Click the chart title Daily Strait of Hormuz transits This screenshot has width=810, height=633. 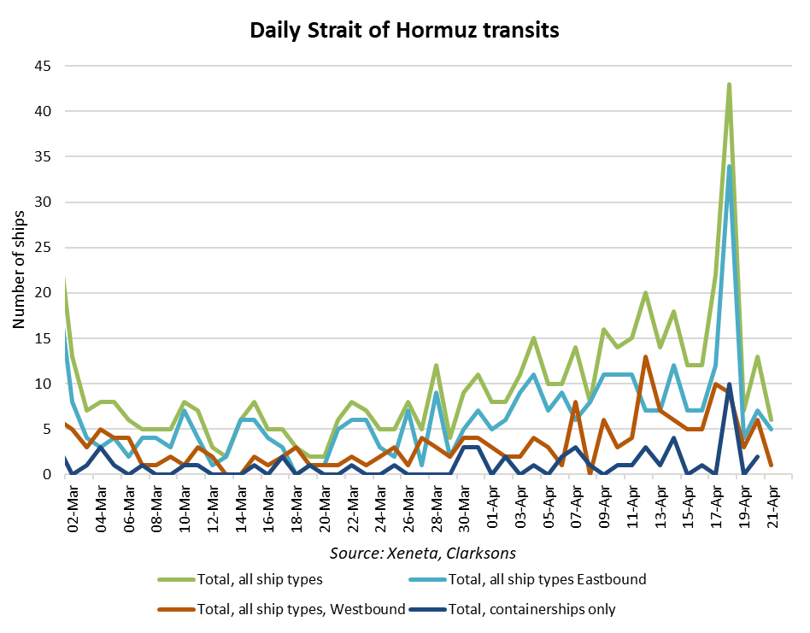(x=404, y=31)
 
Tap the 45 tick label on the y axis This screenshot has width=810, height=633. (x=42, y=66)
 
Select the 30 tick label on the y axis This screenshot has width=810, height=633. (x=42, y=202)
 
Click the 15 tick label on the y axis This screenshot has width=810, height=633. (x=42, y=339)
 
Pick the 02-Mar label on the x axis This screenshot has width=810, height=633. (x=73, y=505)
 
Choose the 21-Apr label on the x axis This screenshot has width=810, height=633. (x=772, y=505)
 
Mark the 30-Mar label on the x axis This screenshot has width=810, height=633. (x=465, y=505)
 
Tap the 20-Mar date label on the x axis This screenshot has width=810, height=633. (x=325, y=505)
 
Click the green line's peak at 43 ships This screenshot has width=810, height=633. (x=730, y=84)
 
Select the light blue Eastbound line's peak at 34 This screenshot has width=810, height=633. (x=730, y=166)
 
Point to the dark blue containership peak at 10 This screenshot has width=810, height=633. (x=730, y=384)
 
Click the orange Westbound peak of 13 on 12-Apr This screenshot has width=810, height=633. (x=646, y=356)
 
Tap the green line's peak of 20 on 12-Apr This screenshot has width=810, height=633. (x=646, y=293)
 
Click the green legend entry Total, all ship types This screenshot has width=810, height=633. (x=257, y=579)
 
